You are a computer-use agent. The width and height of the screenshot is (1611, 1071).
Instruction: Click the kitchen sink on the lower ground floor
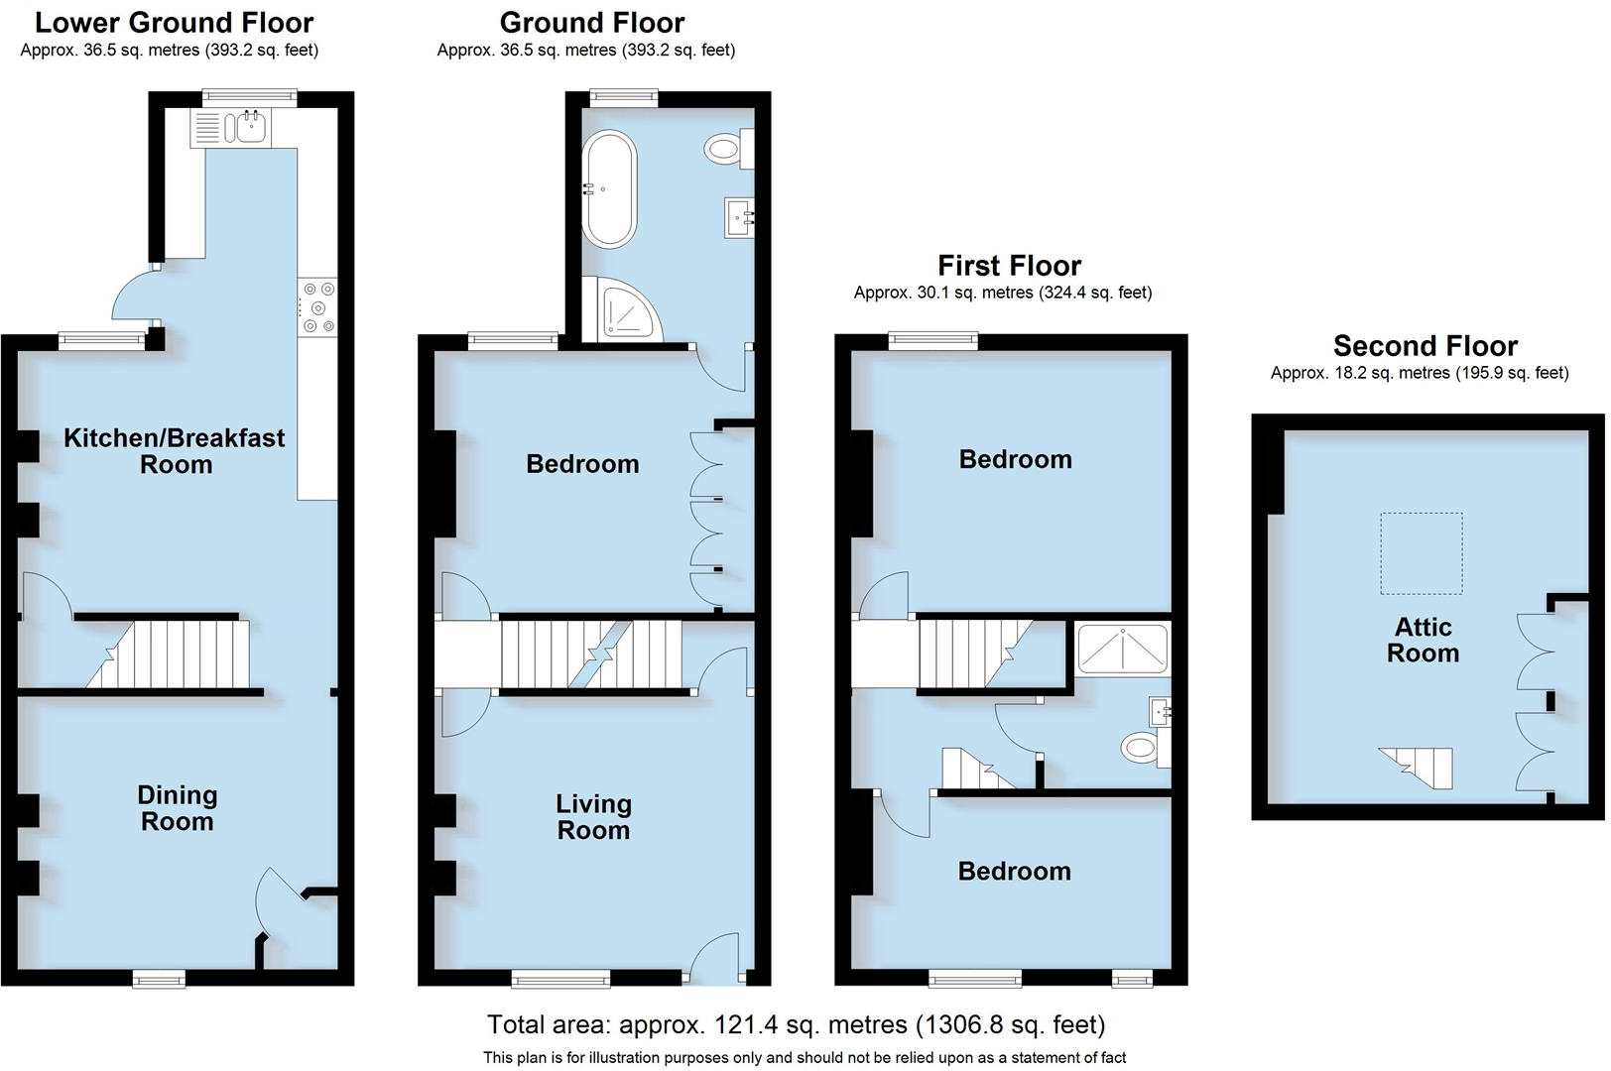pos(250,126)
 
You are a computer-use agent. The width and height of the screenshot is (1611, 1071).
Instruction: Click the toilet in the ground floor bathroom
pos(725,150)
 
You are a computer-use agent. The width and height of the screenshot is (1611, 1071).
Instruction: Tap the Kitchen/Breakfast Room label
pos(175,451)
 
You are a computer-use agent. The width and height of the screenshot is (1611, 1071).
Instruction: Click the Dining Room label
pos(177,808)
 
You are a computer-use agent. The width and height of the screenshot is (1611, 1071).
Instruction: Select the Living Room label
pos(593,817)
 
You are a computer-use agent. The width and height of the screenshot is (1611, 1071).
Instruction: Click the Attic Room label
pos(1423,640)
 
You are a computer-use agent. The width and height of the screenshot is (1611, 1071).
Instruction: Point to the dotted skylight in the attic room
pos(1422,552)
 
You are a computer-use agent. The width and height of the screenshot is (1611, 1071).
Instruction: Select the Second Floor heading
pos(1425,346)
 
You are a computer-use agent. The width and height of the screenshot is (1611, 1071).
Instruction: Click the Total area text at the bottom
pos(796,1023)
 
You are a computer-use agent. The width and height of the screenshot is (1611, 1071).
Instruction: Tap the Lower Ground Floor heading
pos(175,22)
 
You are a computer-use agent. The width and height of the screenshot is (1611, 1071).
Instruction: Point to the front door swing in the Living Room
pos(714,957)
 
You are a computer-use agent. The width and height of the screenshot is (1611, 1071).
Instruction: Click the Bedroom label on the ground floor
pos(582,464)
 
